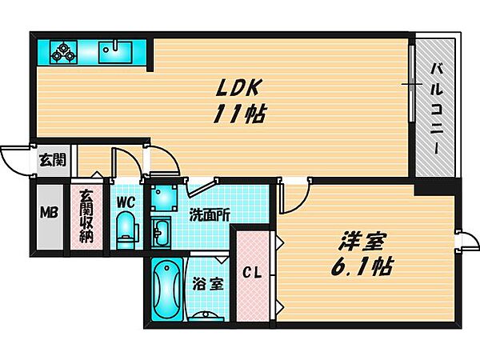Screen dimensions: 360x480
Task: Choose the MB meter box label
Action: coord(50,214)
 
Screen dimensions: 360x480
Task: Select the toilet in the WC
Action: coord(127,232)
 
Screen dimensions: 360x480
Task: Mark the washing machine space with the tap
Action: coord(166,197)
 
